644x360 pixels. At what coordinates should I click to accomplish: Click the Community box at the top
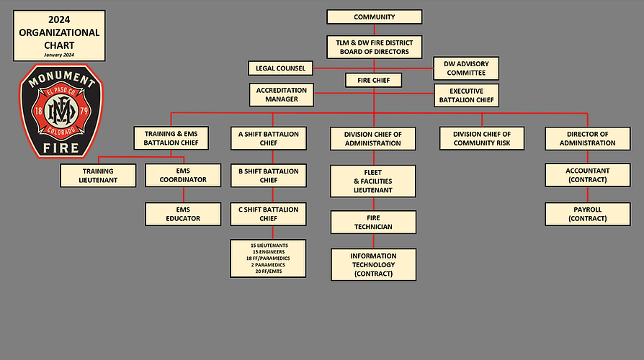click(x=374, y=17)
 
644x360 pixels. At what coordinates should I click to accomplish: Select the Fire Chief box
click(x=373, y=81)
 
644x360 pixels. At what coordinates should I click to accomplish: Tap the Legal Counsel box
click(x=280, y=68)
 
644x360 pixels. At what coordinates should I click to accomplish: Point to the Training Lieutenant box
click(x=97, y=175)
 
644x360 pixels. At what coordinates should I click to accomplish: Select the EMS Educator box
click(x=183, y=213)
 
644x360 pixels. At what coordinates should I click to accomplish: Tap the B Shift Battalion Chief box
click(x=269, y=176)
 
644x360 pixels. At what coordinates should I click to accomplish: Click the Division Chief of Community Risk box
click(x=482, y=138)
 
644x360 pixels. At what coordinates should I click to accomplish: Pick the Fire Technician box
click(x=373, y=222)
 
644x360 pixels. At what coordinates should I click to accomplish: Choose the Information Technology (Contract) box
click(x=373, y=264)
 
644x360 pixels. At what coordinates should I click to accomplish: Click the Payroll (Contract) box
click(x=588, y=213)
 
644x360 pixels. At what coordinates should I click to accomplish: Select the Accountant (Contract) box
click(x=588, y=175)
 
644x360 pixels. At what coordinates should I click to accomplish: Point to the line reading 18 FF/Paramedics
click(x=269, y=258)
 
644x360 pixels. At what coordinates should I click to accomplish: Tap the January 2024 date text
click(x=59, y=54)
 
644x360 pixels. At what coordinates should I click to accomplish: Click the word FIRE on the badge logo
click(x=62, y=148)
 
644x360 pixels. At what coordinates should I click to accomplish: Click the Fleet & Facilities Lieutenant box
click(x=373, y=181)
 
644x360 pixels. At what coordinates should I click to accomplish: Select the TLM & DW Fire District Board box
click(x=373, y=47)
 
